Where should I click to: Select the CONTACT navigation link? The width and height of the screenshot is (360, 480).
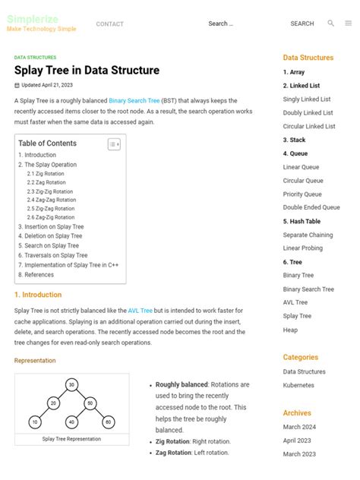pyautogui.click(x=109, y=24)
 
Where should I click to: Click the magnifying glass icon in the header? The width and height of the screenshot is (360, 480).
pyautogui.click(x=330, y=24)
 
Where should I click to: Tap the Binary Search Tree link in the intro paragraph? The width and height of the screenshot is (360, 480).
pyautogui.click(x=134, y=100)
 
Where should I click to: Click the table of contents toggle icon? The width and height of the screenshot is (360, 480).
pyautogui.click(x=114, y=144)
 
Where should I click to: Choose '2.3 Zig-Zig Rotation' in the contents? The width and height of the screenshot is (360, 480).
pyautogui.click(x=50, y=191)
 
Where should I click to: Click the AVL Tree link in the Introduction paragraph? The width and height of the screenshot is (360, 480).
pyautogui.click(x=141, y=311)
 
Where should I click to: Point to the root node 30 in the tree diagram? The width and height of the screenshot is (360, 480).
pyautogui.click(x=71, y=385)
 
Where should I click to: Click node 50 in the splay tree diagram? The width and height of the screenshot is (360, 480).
pyautogui.click(x=90, y=403)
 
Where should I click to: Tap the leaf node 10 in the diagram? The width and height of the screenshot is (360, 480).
pyautogui.click(x=35, y=422)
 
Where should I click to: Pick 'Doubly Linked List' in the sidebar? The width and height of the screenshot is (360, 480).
pyautogui.click(x=308, y=112)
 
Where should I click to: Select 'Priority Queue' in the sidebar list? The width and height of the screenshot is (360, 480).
pyautogui.click(x=302, y=194)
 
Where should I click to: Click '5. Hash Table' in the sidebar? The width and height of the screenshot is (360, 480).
pyautogui.click(x=302, y=222)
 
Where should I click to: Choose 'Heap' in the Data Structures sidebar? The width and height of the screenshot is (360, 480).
pyautogui.click(x=290, y=330)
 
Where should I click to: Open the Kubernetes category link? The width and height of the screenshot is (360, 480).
pyautogui.click(x=298, y=385)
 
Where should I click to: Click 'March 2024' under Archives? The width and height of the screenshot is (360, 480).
pyautogui.click(x=299, y=427)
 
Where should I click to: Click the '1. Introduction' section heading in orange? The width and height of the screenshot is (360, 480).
pyautogui.click(x=38, y=295)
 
